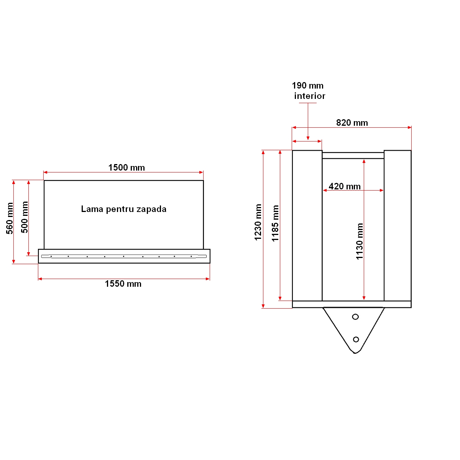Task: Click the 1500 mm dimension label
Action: click(x=127, y=168)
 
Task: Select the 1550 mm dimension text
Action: click(x=123, y=284)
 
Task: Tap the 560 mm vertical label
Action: click(x=10, y=218)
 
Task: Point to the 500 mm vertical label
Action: click(x=25, y=217)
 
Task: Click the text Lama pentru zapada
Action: click(x=123, y=209)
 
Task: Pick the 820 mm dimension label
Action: click(x=352, y=123)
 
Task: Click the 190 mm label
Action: click(x=307, y=85)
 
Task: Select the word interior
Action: click(x=309, y=96)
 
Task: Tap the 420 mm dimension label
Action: click(x=345, y=186)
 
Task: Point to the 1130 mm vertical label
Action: click(x=360, y=241)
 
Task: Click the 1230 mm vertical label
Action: click(x=258, y=222)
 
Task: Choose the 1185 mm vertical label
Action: click(x=275, y=223)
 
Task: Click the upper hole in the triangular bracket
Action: click(x=355, y=317)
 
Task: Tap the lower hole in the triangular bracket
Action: click(x=356, y=339)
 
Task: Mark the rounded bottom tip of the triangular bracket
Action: click(x=355, y=352)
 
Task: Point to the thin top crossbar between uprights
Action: click(x=353, y=155)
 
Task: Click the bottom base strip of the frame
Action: click(x=352, y=304)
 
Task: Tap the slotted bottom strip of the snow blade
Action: click(x=124, y=256)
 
